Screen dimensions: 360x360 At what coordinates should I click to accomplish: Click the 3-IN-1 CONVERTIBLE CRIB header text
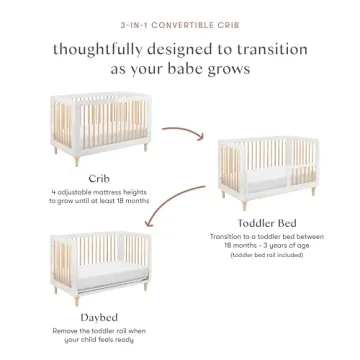pyautogui.click(x=180, y=17)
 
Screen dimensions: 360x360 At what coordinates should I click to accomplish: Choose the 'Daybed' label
pyautogui.click(x=97, y=320)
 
